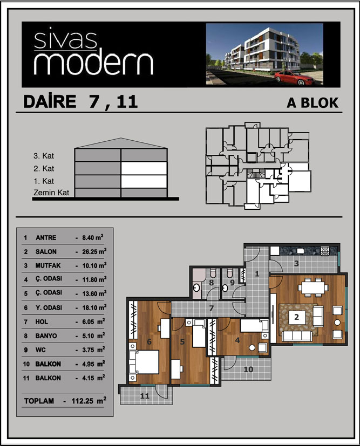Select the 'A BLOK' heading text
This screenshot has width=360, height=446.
313,102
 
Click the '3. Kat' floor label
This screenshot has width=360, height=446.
44,156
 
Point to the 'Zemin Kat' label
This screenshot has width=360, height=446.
51,193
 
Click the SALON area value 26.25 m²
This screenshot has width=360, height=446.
94,251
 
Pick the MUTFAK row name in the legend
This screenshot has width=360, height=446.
48,266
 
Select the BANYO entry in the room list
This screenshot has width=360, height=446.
46,336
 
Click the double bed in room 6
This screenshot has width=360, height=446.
144,362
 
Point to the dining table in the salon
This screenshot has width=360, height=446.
313,288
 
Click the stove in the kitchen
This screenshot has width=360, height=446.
325,251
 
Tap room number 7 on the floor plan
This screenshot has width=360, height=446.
211,308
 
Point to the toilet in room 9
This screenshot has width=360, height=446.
230,273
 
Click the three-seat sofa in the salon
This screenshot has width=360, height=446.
297,335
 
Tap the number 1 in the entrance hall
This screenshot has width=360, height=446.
257,274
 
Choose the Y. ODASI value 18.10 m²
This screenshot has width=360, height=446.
94,307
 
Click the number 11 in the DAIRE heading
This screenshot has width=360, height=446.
127,101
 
